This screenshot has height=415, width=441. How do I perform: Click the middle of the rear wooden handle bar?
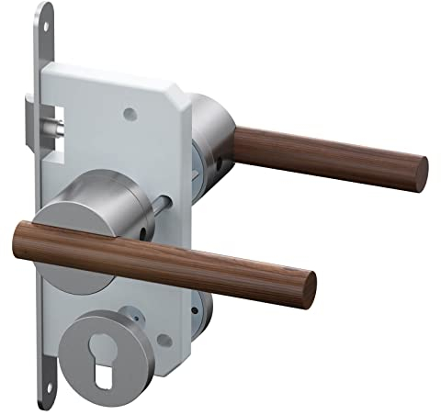click(x=326, y=154)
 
